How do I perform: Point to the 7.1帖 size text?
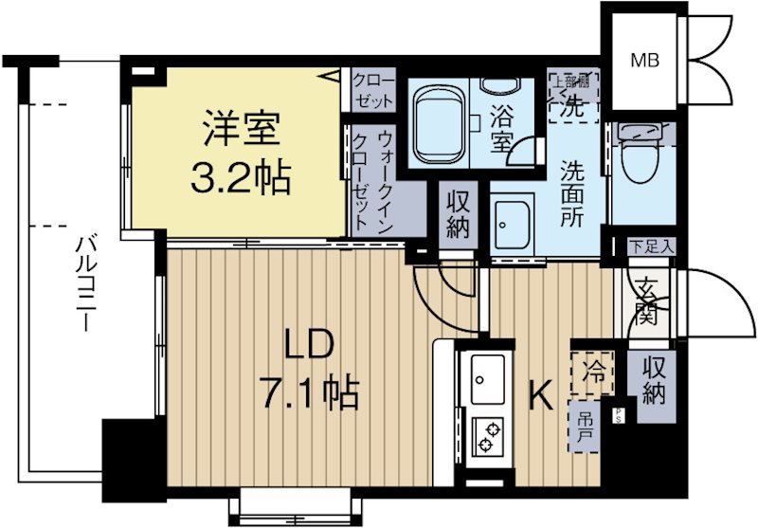[308, 391]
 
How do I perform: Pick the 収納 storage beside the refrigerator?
[653, 380]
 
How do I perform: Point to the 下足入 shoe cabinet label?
[653, 246]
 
